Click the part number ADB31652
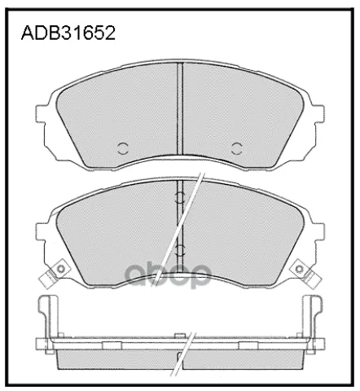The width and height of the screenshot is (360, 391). coord(68,33)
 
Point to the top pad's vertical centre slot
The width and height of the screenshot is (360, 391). coord(180,109)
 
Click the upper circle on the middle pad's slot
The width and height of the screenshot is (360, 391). coord(179,197)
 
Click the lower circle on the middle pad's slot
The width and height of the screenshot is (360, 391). coord(179,250)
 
